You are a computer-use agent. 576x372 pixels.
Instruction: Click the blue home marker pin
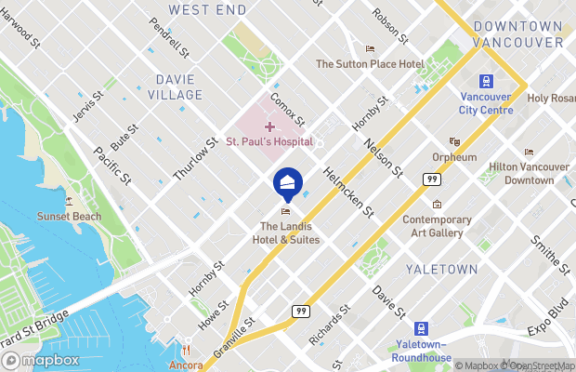pos(288,181)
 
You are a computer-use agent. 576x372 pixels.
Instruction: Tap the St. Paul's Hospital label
pos(269,142)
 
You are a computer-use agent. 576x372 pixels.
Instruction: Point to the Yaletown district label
pos(441,270)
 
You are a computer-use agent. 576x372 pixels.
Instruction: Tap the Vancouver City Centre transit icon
pos(485,82)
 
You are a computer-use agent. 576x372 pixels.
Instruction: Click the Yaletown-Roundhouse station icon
pos(422,328)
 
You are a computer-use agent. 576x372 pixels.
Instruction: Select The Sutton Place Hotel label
pos(370,63)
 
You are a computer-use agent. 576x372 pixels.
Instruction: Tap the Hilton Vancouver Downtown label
pos(529,173)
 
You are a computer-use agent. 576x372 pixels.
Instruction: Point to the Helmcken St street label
pos(347,189)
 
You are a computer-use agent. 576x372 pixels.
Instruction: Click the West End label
pos(207,9)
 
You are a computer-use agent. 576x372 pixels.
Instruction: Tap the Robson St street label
pos(389,26)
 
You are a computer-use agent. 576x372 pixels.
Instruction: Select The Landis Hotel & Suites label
pos(290,232)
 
